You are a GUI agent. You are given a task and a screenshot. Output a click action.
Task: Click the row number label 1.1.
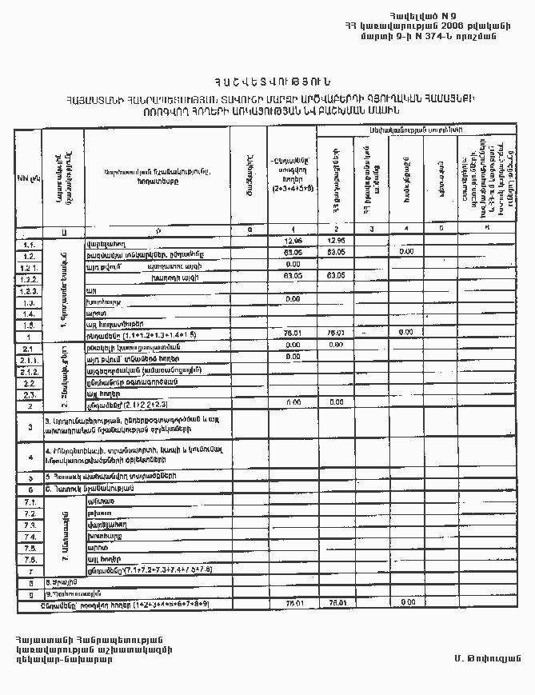click(28, 244)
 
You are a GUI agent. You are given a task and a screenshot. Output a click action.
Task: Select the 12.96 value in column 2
click(336, 240)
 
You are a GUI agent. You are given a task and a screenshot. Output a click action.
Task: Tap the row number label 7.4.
click(28, 537)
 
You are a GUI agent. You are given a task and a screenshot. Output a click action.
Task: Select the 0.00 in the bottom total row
click(408, 601)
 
